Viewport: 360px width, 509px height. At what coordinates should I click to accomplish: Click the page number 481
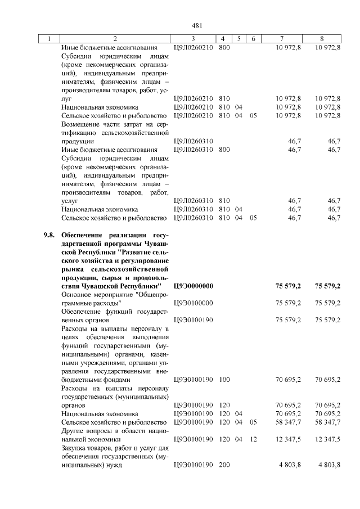(x=196, y=25)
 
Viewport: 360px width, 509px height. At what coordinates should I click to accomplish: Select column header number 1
(x=49, y=39)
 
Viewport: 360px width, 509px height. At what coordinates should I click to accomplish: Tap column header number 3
(x=193, y=39)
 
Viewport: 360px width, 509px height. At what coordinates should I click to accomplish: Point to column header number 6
(x=253, y=39)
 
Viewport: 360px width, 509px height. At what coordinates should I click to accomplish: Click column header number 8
(x=321, y=39)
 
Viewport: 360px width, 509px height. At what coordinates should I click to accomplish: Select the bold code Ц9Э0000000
(x=193, y=286)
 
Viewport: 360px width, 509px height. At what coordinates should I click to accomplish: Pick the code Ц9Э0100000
(x=193, y=303)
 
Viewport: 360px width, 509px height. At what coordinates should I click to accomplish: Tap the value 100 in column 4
(x=224, y=380)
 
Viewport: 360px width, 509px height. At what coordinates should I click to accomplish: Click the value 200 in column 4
(x=224, y=465)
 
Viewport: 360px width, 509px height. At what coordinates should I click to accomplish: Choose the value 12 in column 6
(x=253, y=439)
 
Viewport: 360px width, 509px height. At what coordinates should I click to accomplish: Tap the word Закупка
(x=75, y=448)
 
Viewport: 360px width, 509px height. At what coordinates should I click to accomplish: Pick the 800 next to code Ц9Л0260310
(x=224, y=150)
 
